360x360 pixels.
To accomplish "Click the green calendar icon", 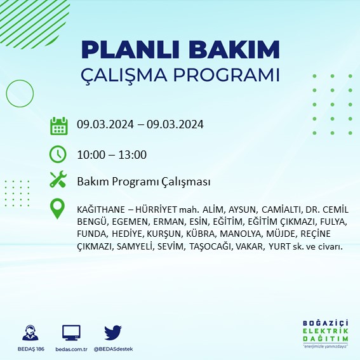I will click(x=58, y=125).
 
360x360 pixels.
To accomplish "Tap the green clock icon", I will click(x=58, y=154).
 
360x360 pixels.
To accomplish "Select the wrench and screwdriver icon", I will click(x=58, y=180).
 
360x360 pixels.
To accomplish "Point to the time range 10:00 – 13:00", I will click(x=112, y=154).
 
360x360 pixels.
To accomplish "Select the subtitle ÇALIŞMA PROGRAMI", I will click(x=180, y=74).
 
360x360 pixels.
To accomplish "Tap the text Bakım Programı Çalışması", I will click(x=143, y=182).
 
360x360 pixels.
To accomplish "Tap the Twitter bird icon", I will click(x=112, y=333).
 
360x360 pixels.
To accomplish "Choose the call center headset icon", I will click(x=29, y=333).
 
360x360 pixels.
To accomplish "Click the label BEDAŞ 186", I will click(x=29, y=349).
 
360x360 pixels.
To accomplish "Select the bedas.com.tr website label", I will click(x=71, y=349).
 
